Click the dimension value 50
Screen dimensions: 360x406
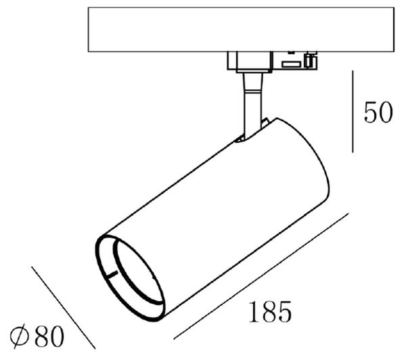tap(378, 112)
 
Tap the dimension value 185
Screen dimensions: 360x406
tap(270, 313)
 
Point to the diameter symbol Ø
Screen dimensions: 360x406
tap(20, 336)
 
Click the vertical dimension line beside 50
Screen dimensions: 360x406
tap(353, 112)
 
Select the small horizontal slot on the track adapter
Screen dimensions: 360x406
tap(292, 64)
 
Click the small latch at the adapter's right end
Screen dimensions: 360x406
tap(311, 60)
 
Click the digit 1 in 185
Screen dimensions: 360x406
tap(252, 313)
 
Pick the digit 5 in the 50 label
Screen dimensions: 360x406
tap(370, 112)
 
